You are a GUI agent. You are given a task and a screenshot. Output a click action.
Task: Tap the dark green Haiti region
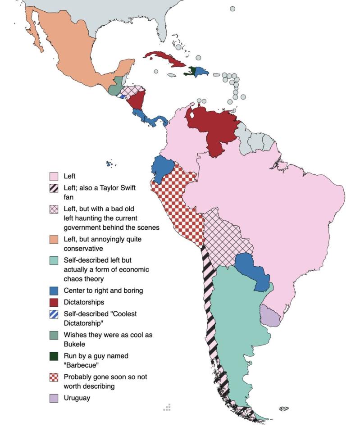[x=193, y=71]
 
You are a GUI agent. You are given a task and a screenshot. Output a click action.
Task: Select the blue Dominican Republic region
[x=201, y=72]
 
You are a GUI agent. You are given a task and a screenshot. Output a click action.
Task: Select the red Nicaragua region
[x=137, y=100]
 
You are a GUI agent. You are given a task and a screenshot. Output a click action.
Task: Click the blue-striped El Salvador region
[x=122, y=96]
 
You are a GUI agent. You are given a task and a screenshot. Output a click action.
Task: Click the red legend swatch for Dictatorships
[x=54, y=303]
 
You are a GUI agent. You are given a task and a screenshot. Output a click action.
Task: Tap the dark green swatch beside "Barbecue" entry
[x=54, y=356]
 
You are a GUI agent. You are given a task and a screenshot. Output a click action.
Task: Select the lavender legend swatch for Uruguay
[x=54, y=399]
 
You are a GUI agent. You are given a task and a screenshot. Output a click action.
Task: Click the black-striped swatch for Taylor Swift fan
[x=54, y=188]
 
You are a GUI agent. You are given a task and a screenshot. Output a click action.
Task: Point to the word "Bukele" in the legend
[x=75, y=344]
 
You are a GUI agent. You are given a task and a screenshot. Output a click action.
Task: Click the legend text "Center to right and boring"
[x=103, y=291]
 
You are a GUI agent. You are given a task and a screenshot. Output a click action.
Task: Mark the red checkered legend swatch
[x=54, y=377]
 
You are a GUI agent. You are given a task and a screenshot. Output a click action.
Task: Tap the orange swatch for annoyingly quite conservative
[x=54, y=240]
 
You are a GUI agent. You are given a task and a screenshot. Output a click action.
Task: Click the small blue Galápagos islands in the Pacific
[x=109, y=164]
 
